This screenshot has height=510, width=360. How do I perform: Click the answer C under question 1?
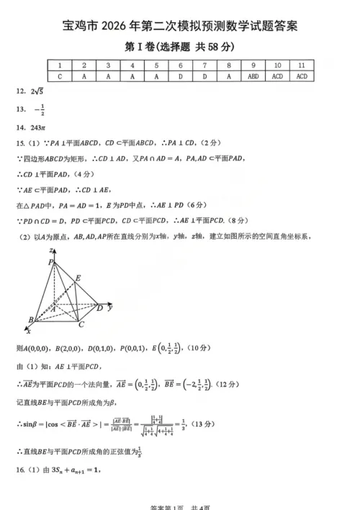60,75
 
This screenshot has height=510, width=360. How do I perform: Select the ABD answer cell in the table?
253,75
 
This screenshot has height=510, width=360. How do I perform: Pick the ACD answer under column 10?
277,75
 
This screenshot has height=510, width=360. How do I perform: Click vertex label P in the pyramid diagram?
50,263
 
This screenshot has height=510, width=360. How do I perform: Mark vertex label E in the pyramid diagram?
78,278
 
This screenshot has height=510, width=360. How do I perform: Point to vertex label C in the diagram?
81,324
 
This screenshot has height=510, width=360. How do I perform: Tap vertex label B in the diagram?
30,319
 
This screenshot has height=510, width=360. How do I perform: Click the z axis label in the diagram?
52,249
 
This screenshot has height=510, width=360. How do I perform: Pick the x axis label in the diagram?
28,331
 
